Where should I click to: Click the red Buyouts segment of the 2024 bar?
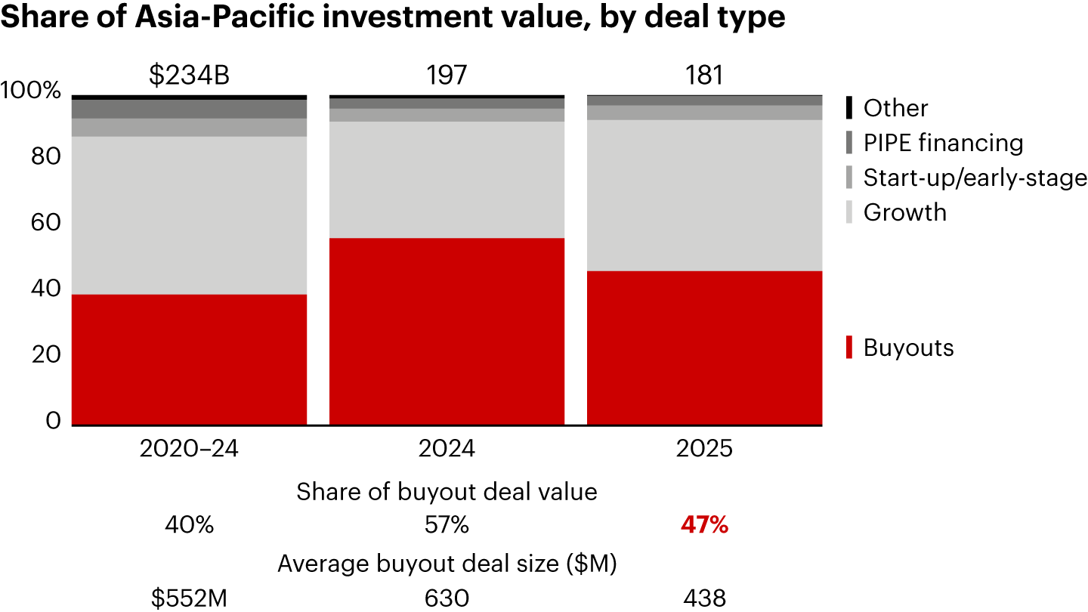click(x=447, y=332)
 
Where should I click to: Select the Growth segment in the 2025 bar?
click(x=704, y=195)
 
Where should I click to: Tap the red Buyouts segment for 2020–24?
click(x=189, y=360)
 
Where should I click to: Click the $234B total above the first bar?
click(x=189, y=76)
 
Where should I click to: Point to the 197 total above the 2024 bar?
click(x=447, y=76)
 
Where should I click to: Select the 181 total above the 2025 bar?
click(x=704, y=76)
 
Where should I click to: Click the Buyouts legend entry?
click(x=907, y=348)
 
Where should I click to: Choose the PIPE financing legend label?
click(x=943, y=143)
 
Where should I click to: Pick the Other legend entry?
click(x=895, y=108)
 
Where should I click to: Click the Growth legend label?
click(x=904, y=212)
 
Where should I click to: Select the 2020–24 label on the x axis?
click(x=189, y=449)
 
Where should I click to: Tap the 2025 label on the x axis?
click(x=704, y=449)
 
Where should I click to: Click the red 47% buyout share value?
click(x=704, y=525)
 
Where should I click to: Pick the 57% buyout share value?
click(x=447, y=525)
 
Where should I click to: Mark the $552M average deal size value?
click(x=189, y=598)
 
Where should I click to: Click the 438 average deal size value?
click(x=704, y=598)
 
